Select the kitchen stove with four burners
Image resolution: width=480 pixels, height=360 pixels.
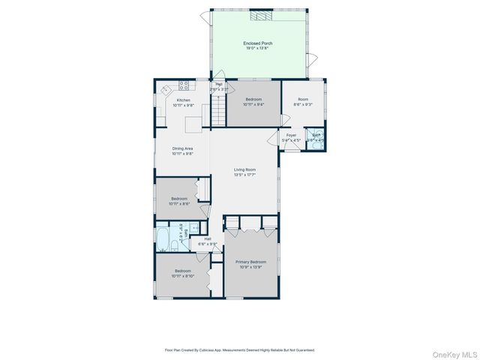pyautogui.click(x=183, y=85)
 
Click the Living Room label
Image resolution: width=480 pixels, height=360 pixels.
pyautogui.click(x=244, y=172)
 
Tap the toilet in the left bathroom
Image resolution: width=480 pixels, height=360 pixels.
pyautogui.click(x=173, y=246)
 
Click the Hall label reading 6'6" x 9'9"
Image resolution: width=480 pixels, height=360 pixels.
pyautogui.click(x=208, y=241)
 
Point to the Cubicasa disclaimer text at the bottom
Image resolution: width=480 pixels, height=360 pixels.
pyautogui.click(x=239, y=349)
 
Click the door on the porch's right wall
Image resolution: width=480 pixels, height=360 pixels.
pyautogui.click(x=314, y=59)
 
